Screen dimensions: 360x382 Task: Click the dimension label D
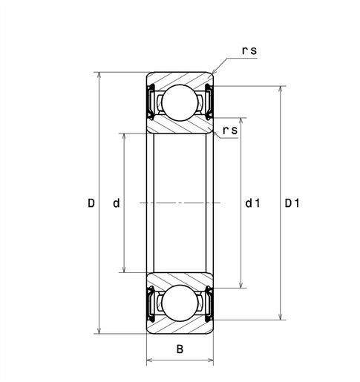pos(91,203)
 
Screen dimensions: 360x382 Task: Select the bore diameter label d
pos(117,203)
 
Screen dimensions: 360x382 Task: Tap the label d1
pos(252,203)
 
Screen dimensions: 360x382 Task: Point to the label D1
pos(292,203)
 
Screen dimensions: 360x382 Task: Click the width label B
pos(180,349)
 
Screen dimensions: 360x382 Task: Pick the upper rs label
pos(249,50)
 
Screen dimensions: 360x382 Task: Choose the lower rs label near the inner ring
pos(230,131)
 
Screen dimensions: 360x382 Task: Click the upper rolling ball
pos(180,102)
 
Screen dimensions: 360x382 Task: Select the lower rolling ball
pos(180,303)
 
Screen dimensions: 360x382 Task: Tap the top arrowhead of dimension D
pos(99,75)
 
